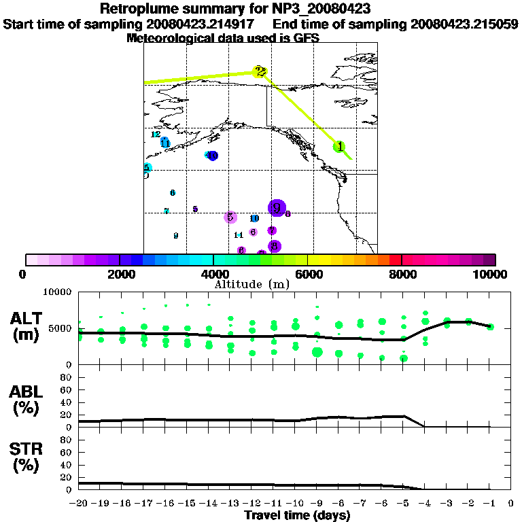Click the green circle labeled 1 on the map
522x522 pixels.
339,147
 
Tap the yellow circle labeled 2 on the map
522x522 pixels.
260,71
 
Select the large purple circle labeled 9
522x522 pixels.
277,208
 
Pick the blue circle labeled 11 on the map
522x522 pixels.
165,143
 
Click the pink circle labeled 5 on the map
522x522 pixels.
230,217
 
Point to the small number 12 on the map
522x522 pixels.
156,135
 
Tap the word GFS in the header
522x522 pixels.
306,38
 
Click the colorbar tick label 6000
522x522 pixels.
308,274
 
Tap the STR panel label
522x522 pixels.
27,456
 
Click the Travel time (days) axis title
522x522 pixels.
297,516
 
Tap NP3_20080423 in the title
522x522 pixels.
320,10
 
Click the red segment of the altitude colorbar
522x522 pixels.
396,260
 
